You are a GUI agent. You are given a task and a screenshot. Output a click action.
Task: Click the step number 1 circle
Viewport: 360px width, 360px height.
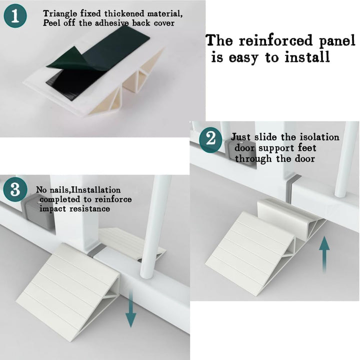[15, 16]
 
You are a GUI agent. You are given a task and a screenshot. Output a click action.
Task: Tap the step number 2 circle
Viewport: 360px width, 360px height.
[210, 139]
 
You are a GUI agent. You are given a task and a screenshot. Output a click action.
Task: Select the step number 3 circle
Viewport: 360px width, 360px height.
[15, 190]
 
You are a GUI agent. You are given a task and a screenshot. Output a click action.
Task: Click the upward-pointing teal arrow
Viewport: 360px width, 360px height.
[324, 255]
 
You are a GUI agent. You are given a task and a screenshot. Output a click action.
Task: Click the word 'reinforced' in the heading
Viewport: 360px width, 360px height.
[275, 41]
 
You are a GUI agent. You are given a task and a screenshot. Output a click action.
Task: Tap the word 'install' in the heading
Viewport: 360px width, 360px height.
[307, 56]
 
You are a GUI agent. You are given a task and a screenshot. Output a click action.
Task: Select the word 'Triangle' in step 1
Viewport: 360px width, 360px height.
[60, 14]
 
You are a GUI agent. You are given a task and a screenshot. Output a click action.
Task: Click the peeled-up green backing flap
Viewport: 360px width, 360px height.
[66, 58]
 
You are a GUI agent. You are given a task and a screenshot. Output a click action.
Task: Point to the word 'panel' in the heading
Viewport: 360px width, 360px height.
[337, 41]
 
